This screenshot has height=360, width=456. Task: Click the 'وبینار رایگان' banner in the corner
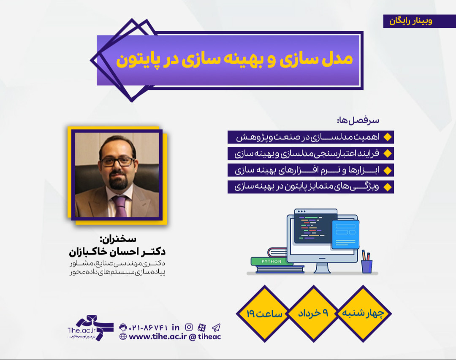tap(408, 21)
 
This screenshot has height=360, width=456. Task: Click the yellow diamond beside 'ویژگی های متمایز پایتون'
tap(387, 187)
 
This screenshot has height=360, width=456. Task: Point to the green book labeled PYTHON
tap(271, 261)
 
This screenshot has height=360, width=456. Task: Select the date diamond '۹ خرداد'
tap(313, 314)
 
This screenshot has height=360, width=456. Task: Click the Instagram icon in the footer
tap(189, 327)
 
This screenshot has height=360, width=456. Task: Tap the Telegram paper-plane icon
tap(216, 327)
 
